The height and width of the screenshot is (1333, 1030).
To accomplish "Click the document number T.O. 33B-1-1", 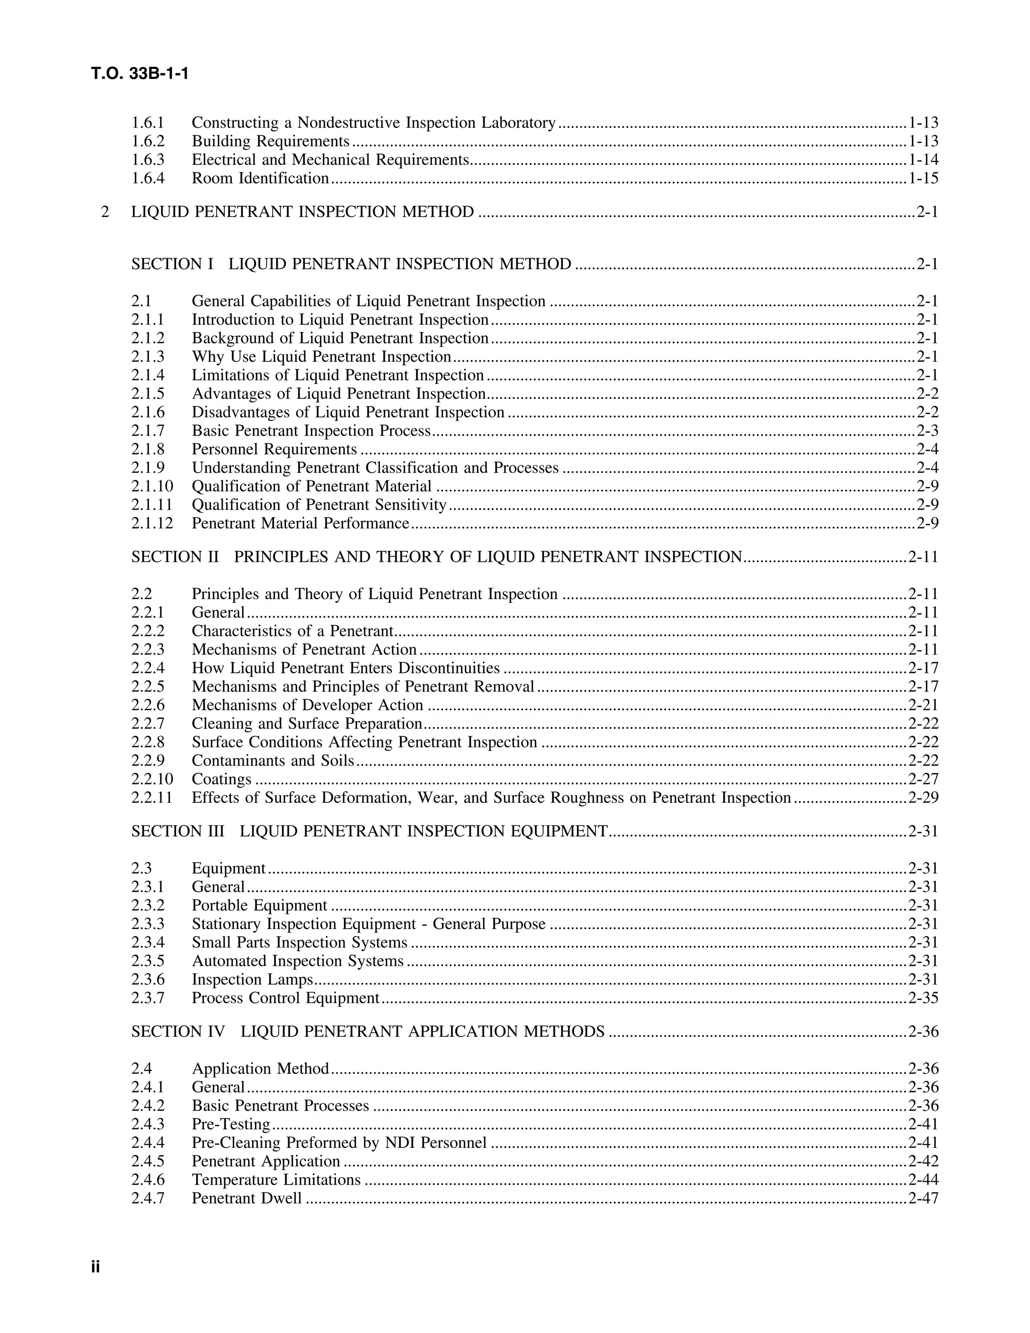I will click(140, 74).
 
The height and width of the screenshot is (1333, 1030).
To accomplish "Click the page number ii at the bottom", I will click(95, 1267).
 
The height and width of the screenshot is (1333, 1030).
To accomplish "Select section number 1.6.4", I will click(148, 178).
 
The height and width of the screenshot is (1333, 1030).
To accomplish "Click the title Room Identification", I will click(260, 178).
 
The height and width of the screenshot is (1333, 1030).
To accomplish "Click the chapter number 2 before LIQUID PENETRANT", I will click(105, 212).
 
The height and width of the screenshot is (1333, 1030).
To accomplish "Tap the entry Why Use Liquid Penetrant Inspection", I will click(321, 357).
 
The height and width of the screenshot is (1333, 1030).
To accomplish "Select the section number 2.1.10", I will click(152, 486).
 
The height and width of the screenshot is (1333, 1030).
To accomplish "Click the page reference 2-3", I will click(927, 431).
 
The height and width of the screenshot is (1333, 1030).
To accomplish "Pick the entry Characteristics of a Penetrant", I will click(292, 631).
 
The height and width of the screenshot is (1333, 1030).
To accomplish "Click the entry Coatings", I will click(221, 779).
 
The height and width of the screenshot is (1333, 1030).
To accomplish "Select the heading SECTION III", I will click(178, 831).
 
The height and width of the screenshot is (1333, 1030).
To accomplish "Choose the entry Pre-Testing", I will click(231, 1124).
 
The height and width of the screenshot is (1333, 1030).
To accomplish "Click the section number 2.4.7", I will click(148, 1198).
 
